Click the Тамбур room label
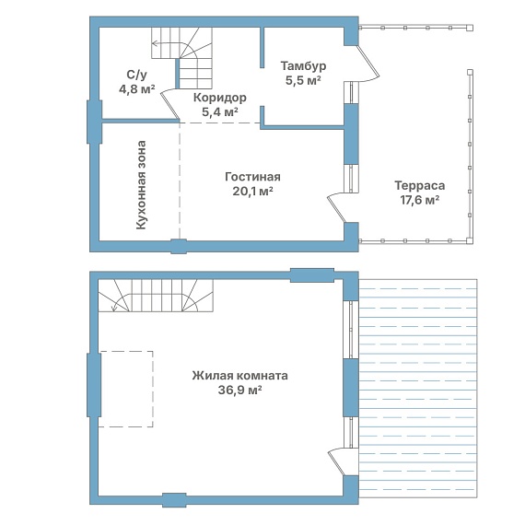click(x=303, y=65)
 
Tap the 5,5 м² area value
click(x=303, y=80)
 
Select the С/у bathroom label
click(x=136, y=75)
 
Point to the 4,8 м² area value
click(x=136, y=89)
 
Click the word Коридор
click(x=220, y=98)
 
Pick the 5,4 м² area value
click(x=220, y=111)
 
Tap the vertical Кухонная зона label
click(x=141, y=185)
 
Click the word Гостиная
click(x=252, y=177)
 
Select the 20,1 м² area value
click(x=252, y=192)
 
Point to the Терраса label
click(x=420, y=185)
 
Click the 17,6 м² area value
click(x=420, y=200)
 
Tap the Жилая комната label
click(x=239, y=376)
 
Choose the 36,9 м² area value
click(x=239, y=391)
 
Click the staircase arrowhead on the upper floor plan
click(x=154, y=43)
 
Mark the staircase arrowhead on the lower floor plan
click(x=114, y=309)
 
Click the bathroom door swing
click(x=170, y=104)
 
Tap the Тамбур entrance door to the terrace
click(x=368, y=64)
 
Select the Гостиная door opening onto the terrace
click(x=336, y=207)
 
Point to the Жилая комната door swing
click(x=336, y=461)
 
